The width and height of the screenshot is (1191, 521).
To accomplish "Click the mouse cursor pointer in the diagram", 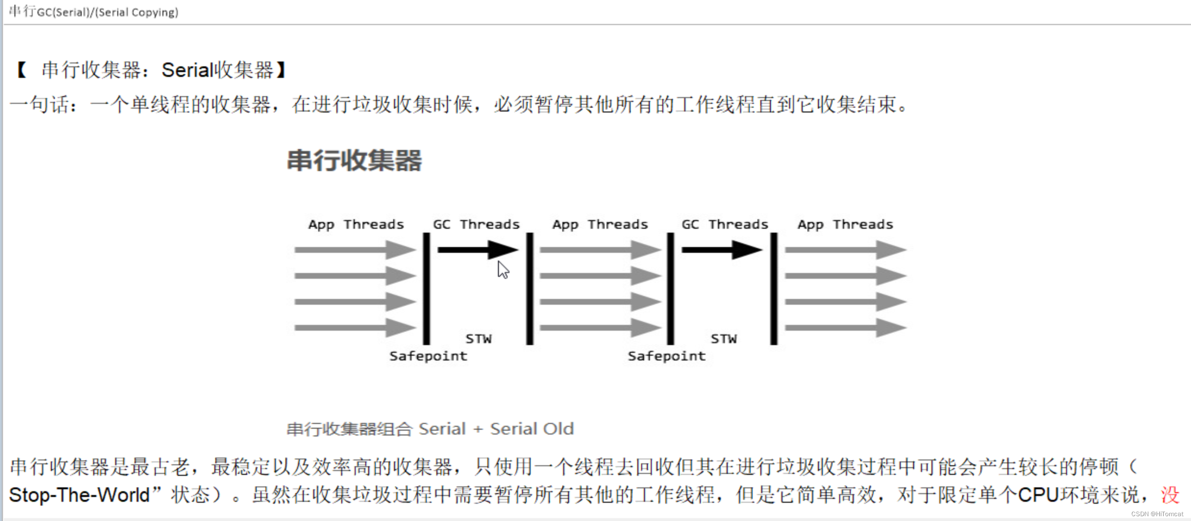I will pyautogui.click(x=503, y=270).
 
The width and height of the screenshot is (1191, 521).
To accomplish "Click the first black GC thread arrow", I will pyautogui.click(x=477, y=250).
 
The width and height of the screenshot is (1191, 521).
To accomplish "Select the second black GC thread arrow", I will pyautogui.click(x=721, y=250).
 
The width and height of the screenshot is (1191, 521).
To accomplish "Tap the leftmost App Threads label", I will pyautogui.click(x=356, y=224).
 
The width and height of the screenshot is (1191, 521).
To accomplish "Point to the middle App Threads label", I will pyautogui.click(x=600, y=224).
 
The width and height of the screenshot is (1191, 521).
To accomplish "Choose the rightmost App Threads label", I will pyautogui.click(x=845, y=224).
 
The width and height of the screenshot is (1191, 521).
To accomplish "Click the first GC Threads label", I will pyautogui.click(x=476, y=224).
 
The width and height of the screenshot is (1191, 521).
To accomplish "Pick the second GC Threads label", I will pyautogui.click(x=725, y=224).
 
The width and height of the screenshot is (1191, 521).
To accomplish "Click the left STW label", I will pyautogui.click(x=479, y=339).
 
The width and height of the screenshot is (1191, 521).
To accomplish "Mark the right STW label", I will pyautogui.click(x=724, y=339).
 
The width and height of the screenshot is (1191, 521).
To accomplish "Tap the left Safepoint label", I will pyautogui.click(x=428, y=356).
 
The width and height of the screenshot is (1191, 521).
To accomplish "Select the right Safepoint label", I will pyautogui.click(x=667, y=356).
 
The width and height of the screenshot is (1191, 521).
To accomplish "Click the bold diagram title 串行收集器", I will pyautogui.click(x=354, y=161).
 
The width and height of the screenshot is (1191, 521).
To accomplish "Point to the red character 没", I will pyautogui.click(x=1170, y=495).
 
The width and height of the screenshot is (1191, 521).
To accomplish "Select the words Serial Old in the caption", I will pyautogui.click(x=532, y=429).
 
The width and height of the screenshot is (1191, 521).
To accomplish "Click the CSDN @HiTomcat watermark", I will pyautogui.click(x=1157, y=514).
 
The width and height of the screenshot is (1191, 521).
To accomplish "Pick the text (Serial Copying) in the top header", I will pyautogui.click(x=137, y=12).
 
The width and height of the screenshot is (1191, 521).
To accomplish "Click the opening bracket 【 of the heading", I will pyautogui.click(x=22, y=70).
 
